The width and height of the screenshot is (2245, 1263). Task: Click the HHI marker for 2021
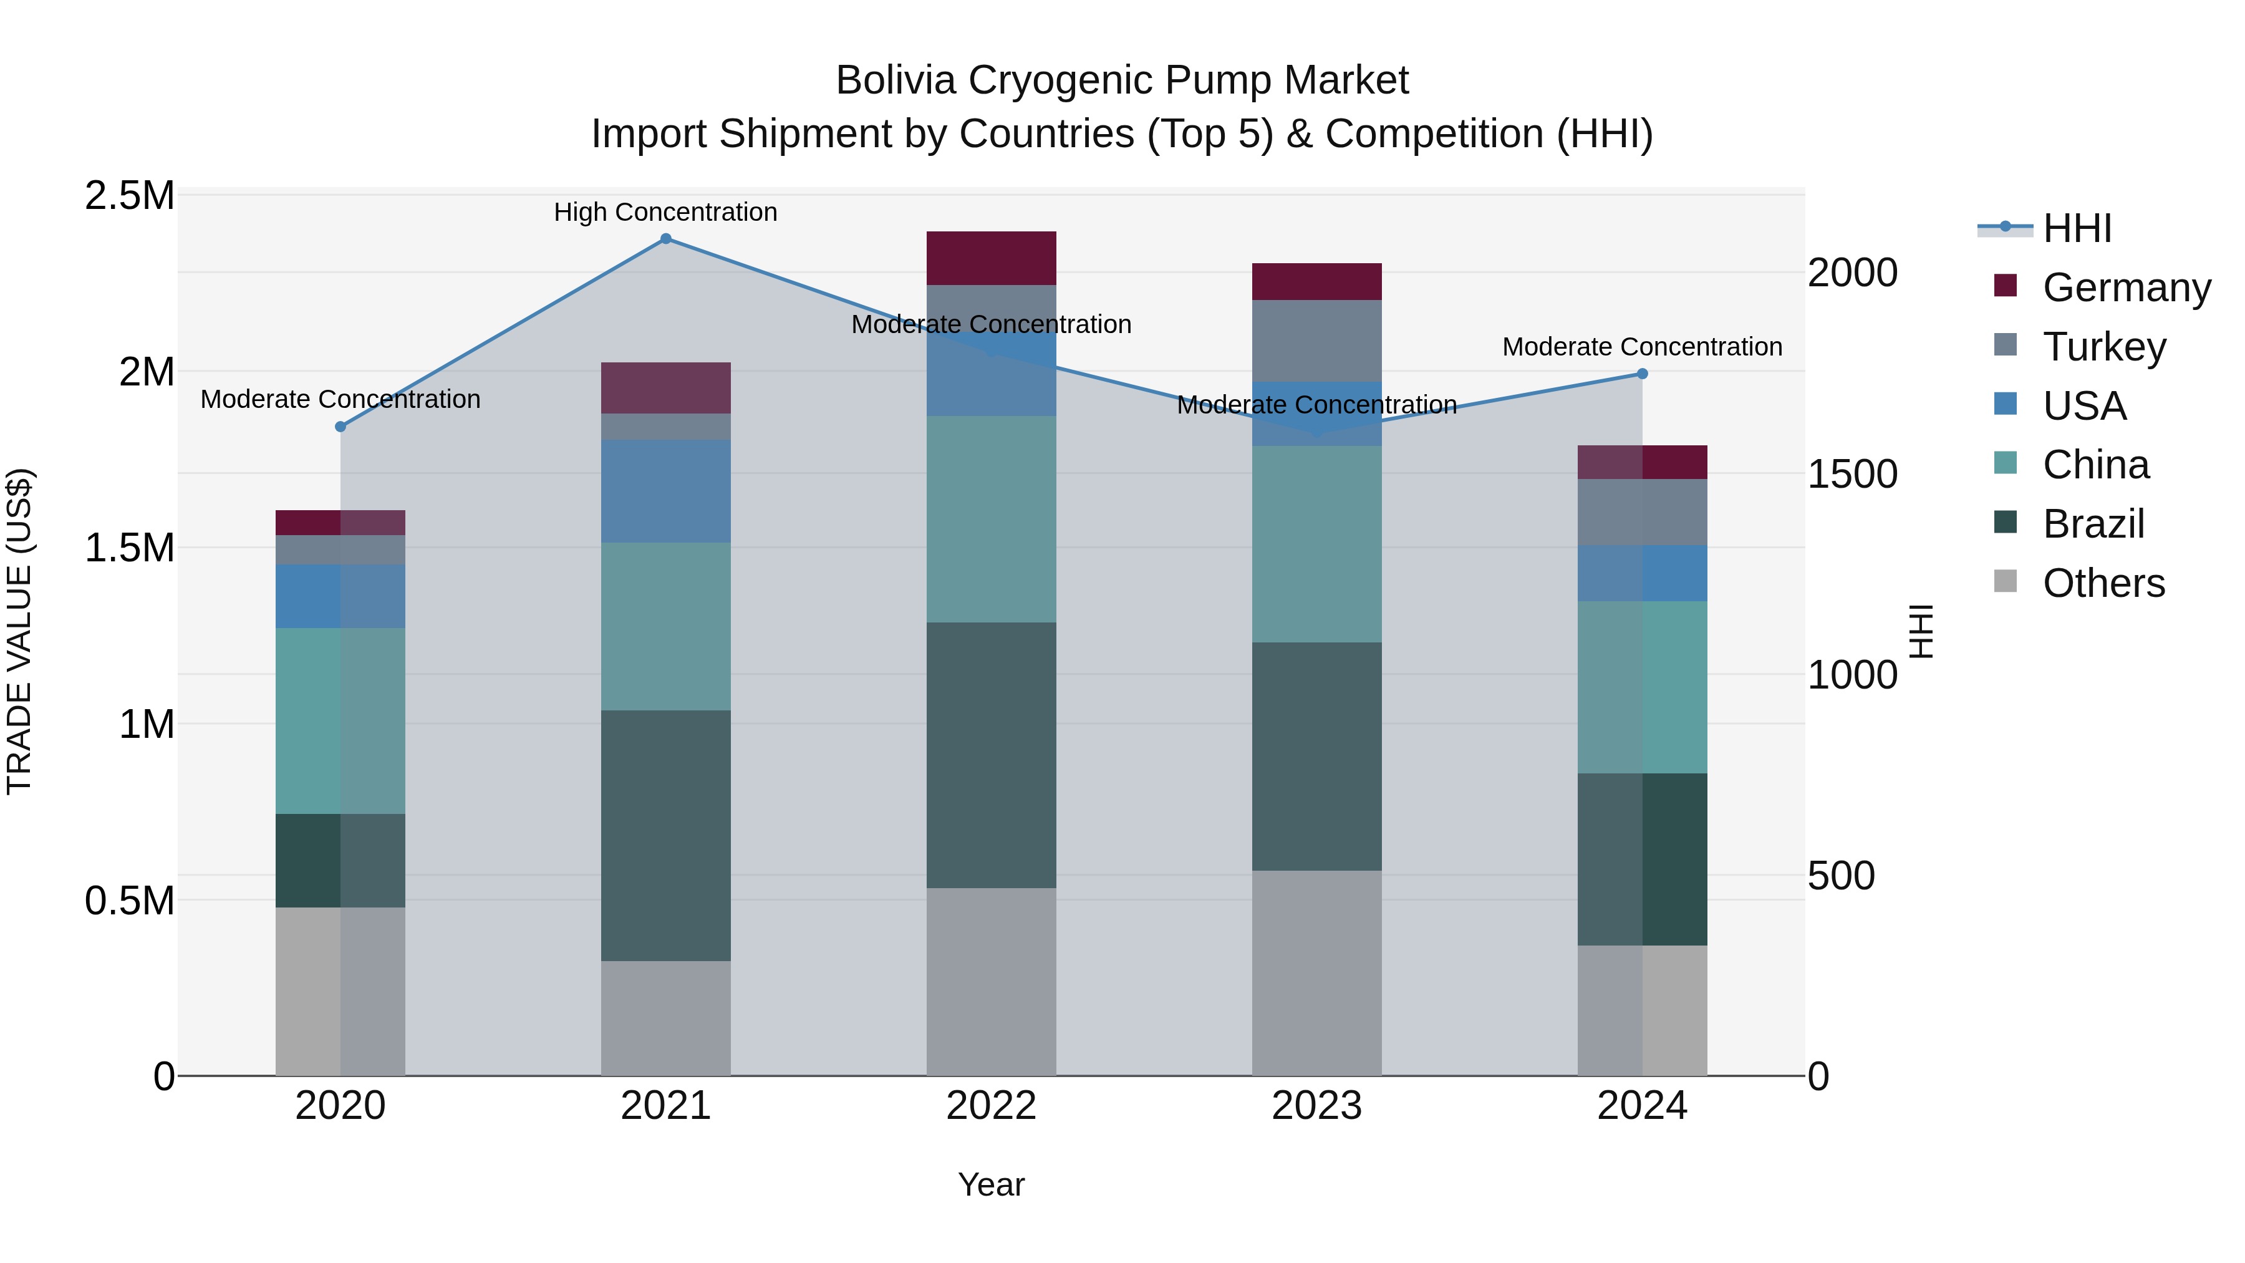(666, 239)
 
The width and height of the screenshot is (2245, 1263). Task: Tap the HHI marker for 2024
(1642, 374)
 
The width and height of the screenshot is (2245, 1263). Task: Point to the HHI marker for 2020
(340, 427)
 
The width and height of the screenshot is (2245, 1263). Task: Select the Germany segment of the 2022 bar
(991, 258)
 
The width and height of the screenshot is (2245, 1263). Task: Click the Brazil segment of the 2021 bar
(666, 835)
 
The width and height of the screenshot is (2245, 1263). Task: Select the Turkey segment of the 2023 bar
(1317, 341)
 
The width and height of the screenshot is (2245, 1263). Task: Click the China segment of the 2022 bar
(991, 519)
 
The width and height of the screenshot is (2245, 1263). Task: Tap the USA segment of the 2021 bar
(666, 491)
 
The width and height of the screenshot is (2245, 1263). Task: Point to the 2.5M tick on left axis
(129, 196)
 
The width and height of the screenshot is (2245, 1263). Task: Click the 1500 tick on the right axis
(1852, 474)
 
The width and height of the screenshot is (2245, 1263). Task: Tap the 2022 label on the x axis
(991, 1106)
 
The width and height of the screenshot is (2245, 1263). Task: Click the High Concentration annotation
(666, 212)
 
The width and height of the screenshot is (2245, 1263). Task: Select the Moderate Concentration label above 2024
(1642, 347)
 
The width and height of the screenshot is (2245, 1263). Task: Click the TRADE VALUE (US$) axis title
(19, 632)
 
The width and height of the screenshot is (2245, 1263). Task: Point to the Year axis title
(991, 1184)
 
